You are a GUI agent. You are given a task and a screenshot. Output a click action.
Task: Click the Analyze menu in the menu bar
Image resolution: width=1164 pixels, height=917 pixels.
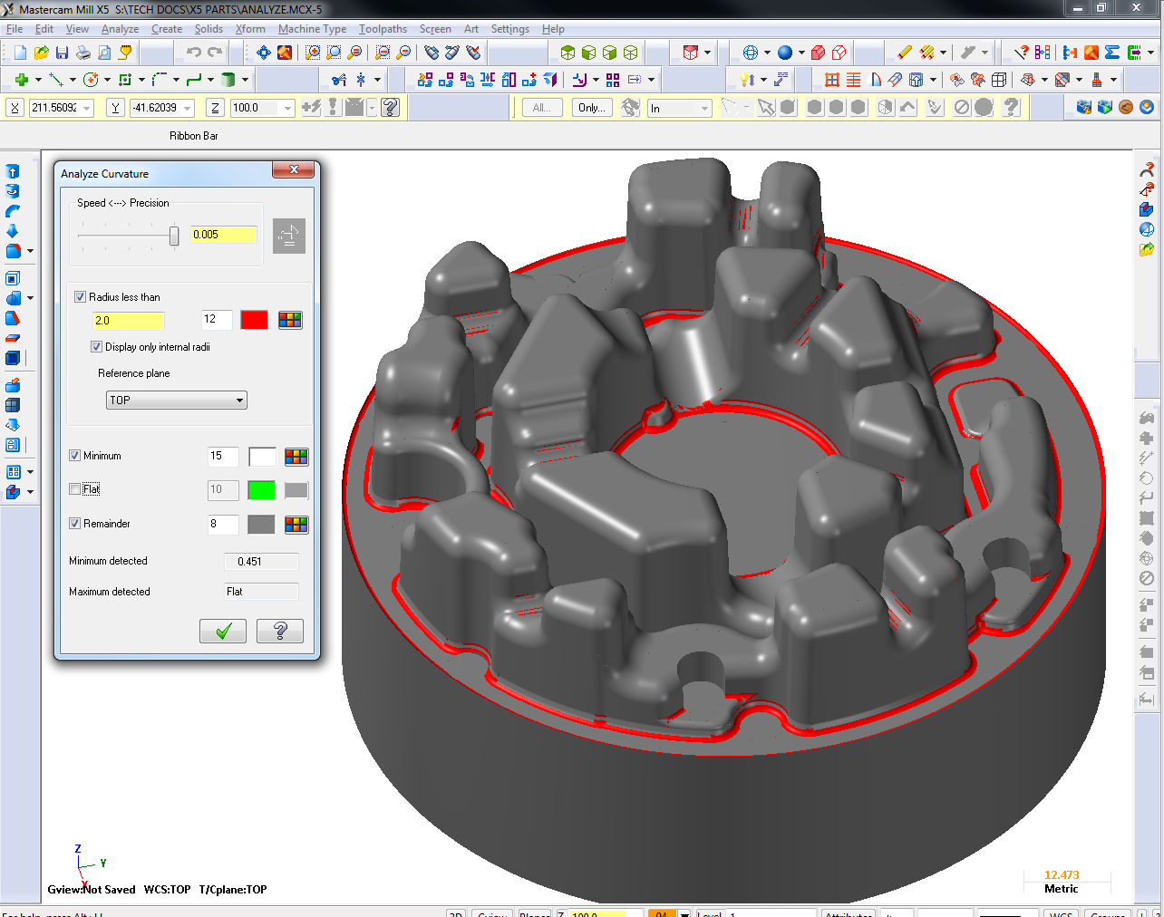tap(120, 29)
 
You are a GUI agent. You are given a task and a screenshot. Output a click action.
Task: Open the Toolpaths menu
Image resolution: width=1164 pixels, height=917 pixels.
tap(383, 29)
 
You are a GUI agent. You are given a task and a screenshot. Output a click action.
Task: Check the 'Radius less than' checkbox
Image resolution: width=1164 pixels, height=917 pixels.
tap(81, 297)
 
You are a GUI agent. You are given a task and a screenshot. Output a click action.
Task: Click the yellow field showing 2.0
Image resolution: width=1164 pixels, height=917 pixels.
tap(128, 321)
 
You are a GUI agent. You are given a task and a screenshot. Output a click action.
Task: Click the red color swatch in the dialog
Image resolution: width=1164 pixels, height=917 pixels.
tap(254, 320)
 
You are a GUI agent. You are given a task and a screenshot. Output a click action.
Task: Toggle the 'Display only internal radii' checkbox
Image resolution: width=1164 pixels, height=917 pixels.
tap(97, 347)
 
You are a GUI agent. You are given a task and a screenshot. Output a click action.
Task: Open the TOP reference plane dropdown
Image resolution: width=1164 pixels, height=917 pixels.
tap(176, 401)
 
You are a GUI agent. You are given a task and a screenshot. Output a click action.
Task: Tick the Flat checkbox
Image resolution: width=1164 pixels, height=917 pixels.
tap(75, 489)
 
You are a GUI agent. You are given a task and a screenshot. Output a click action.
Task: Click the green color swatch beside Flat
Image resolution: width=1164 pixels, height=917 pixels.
tap(261, 490)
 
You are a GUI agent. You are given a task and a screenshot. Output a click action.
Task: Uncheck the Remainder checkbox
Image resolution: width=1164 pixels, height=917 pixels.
tap(75, 524)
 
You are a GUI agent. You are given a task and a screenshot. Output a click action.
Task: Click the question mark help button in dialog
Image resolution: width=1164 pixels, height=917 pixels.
tap(279, 631)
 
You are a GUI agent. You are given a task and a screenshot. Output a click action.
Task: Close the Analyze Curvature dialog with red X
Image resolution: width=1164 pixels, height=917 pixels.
tap(294, 170)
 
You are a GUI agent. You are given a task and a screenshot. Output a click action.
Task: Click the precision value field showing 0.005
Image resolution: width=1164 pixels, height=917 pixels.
tap(223, 235)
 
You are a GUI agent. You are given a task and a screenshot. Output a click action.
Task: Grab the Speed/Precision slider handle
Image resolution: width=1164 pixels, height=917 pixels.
tap(174, 236)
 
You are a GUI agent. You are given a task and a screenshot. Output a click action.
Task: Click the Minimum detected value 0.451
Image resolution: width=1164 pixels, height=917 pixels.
tap(260, 562)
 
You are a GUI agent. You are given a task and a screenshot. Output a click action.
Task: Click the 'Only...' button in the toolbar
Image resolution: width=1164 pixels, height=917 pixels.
tap(591, 108)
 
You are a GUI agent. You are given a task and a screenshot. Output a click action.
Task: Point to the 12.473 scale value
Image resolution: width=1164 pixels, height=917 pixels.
tap(1062, 875)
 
